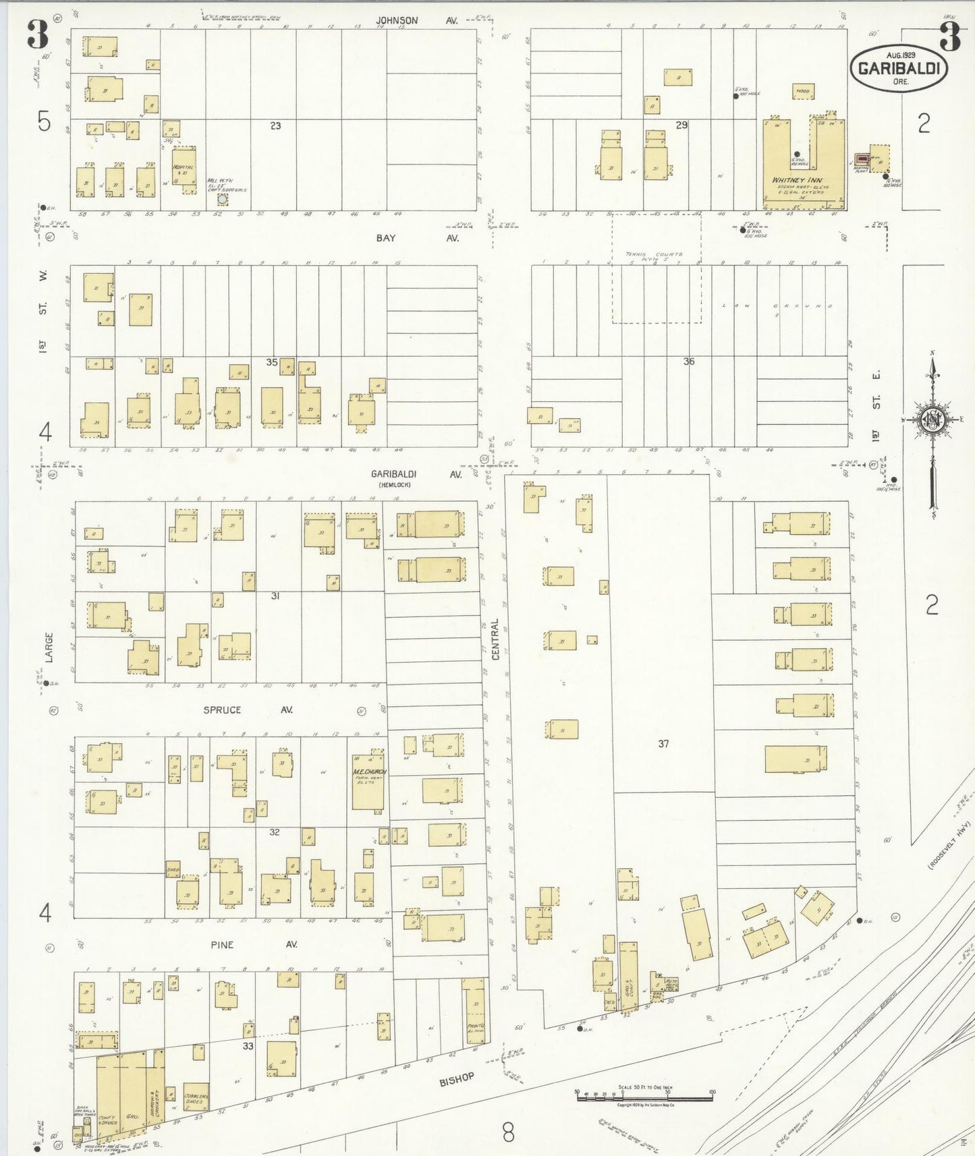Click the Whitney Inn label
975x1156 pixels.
[x=798, y=180]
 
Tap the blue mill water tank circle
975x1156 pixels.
[x=222, y=199]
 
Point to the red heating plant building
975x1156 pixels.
[x=862, y=159]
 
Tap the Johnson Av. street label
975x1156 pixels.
[x=416, y=21]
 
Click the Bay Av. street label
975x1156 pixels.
[x=416, y=238]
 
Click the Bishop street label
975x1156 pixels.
[x=457, y=1079]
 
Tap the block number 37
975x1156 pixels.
[x=663, y=743]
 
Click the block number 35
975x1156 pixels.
[x=271, y=362]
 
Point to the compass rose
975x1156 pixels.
[x=932, y=420]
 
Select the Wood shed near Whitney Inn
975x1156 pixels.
[x=803, y=91]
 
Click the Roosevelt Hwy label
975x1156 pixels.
[x=948, y=846]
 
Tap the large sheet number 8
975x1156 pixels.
[x=508, y=1132]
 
